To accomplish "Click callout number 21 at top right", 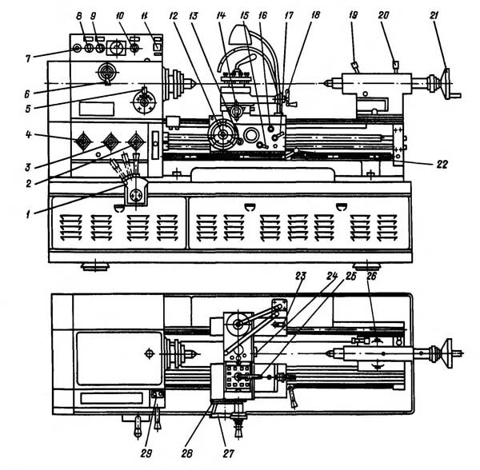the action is point(434,16).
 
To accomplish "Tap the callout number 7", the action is point(28,58).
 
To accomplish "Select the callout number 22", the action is point(442,165).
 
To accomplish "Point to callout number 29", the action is point(146,453).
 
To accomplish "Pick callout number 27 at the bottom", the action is point(228,453).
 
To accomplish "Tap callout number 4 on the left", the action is point(29,135).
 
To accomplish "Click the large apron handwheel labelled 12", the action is point(222,134).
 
